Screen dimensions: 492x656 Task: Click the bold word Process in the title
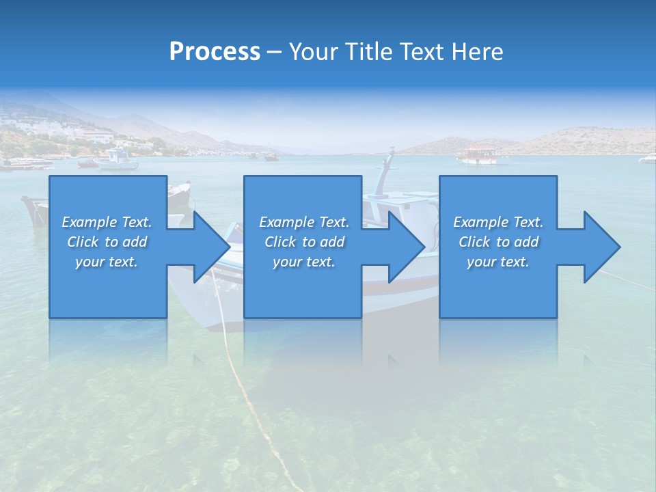[215, 52]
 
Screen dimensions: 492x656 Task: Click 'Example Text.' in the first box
[107, 222]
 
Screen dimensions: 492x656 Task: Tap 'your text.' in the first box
[107, 262]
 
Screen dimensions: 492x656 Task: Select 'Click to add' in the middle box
[304, 242]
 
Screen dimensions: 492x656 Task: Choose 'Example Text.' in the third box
[498, 222]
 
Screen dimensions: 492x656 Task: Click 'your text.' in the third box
[498, 262]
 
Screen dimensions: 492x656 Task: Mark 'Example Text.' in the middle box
[304, 222]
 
